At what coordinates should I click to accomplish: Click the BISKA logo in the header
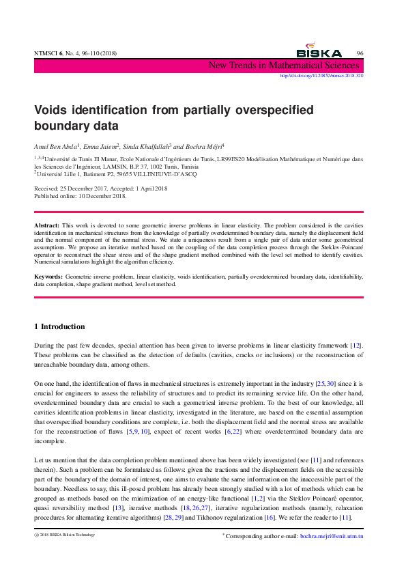tap(319, 51)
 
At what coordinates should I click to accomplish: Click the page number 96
tap(360, 53)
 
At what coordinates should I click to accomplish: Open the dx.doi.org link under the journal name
tap(322, 76)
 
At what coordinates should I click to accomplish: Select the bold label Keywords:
tap(48, 276)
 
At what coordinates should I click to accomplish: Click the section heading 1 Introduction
tap(59, 327)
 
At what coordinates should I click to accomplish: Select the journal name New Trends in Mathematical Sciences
tap(285, 66)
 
